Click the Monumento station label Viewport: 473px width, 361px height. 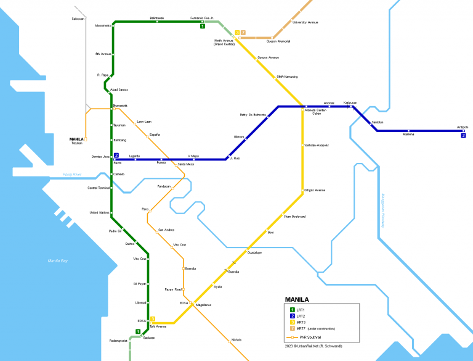click(103, 26)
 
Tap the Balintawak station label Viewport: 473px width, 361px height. click(158, 19)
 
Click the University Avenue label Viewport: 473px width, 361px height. click(305, 22)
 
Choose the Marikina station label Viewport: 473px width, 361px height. click(408, 134)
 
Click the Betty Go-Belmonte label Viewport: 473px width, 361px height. click(253, 115)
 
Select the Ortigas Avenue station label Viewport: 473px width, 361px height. click(315, 190)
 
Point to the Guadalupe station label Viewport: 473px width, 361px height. click(254, 253)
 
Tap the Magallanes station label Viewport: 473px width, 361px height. click(204, 305)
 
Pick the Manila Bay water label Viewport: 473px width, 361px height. click(57, 261)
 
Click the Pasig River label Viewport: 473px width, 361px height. click(72, 175)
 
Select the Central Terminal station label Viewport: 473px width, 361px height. click(98, 188)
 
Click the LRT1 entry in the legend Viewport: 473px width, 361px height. click(301, 309)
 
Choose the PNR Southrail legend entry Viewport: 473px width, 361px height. click(313, 338)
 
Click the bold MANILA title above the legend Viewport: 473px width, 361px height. click(297, 300)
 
